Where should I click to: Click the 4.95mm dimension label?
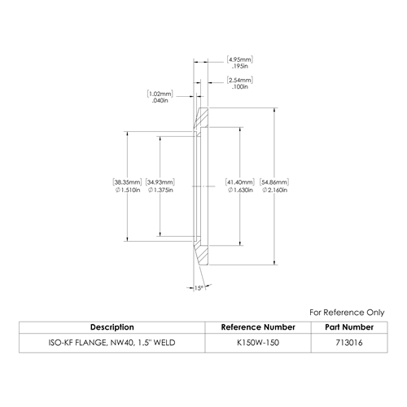click(x=240, y=59)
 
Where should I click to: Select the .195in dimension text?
click(x=240, y=66)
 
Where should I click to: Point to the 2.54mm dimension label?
click(x=240, y=81)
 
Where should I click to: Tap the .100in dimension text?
click(x=240, y=87)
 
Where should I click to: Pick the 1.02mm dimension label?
click(x=160, y=94)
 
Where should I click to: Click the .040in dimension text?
click(x=160, y=101)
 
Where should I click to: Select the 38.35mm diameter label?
click(x=128, y=182)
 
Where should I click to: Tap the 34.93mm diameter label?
click(x=160, y=182)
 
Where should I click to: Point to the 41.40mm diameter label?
click(x=240, y=182)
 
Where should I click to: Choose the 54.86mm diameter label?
click(x=274, y=182)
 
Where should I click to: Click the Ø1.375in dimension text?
click(x=160, y=190)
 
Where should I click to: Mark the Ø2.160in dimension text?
click(x=274, y=190)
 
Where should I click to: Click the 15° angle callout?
click(x=199, y=288)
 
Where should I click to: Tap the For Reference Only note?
click(x=347, y=313)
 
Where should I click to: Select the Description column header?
click(x=112, y=327)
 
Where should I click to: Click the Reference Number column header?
click(x=258, y=327)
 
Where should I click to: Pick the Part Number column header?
click(x=349, y=327)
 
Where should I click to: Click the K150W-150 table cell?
click(x=258, y=343)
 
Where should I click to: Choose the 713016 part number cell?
click(x=349, y=343)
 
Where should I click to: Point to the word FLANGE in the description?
click(x=91, y=343)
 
